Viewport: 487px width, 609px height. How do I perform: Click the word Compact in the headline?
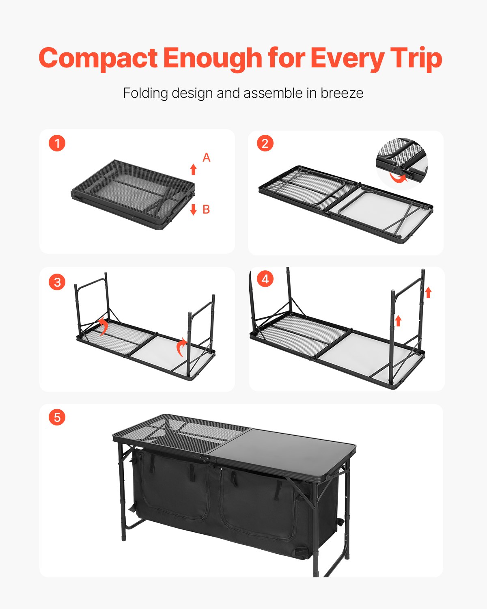pos(98,58)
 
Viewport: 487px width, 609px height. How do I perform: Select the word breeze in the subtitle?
pos(342,93)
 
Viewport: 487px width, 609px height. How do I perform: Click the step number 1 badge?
pos(57,143)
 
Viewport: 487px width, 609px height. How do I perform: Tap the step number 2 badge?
pos(265,143)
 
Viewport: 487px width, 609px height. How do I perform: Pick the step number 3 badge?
pos(57,282)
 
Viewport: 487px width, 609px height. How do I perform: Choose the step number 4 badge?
pos(265,279)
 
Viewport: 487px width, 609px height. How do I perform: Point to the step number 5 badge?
pos(57,417)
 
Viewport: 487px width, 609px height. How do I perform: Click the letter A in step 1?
pos(206,158)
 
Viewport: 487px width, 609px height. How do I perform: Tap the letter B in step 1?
pos(206,209)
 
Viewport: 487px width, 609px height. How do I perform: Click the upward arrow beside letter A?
pos(194,169)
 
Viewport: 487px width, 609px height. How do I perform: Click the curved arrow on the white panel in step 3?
pos(182,347)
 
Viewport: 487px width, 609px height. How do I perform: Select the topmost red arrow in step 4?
pos(428,292)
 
